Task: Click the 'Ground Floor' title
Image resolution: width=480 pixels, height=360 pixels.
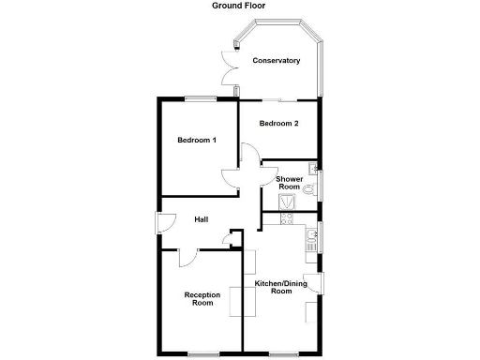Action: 238,6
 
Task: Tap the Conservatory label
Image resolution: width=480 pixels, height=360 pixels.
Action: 276,61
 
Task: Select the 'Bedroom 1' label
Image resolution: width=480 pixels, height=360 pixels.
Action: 197,141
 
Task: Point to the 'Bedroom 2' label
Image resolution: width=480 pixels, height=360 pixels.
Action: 278,124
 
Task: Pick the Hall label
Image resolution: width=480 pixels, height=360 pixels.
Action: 201,219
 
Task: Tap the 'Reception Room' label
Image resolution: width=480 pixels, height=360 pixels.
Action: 202,299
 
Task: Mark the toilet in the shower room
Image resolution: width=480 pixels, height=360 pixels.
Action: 308,187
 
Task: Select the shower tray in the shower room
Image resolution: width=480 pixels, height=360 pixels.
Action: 286,202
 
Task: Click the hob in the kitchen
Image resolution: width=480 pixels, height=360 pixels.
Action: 289,221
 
